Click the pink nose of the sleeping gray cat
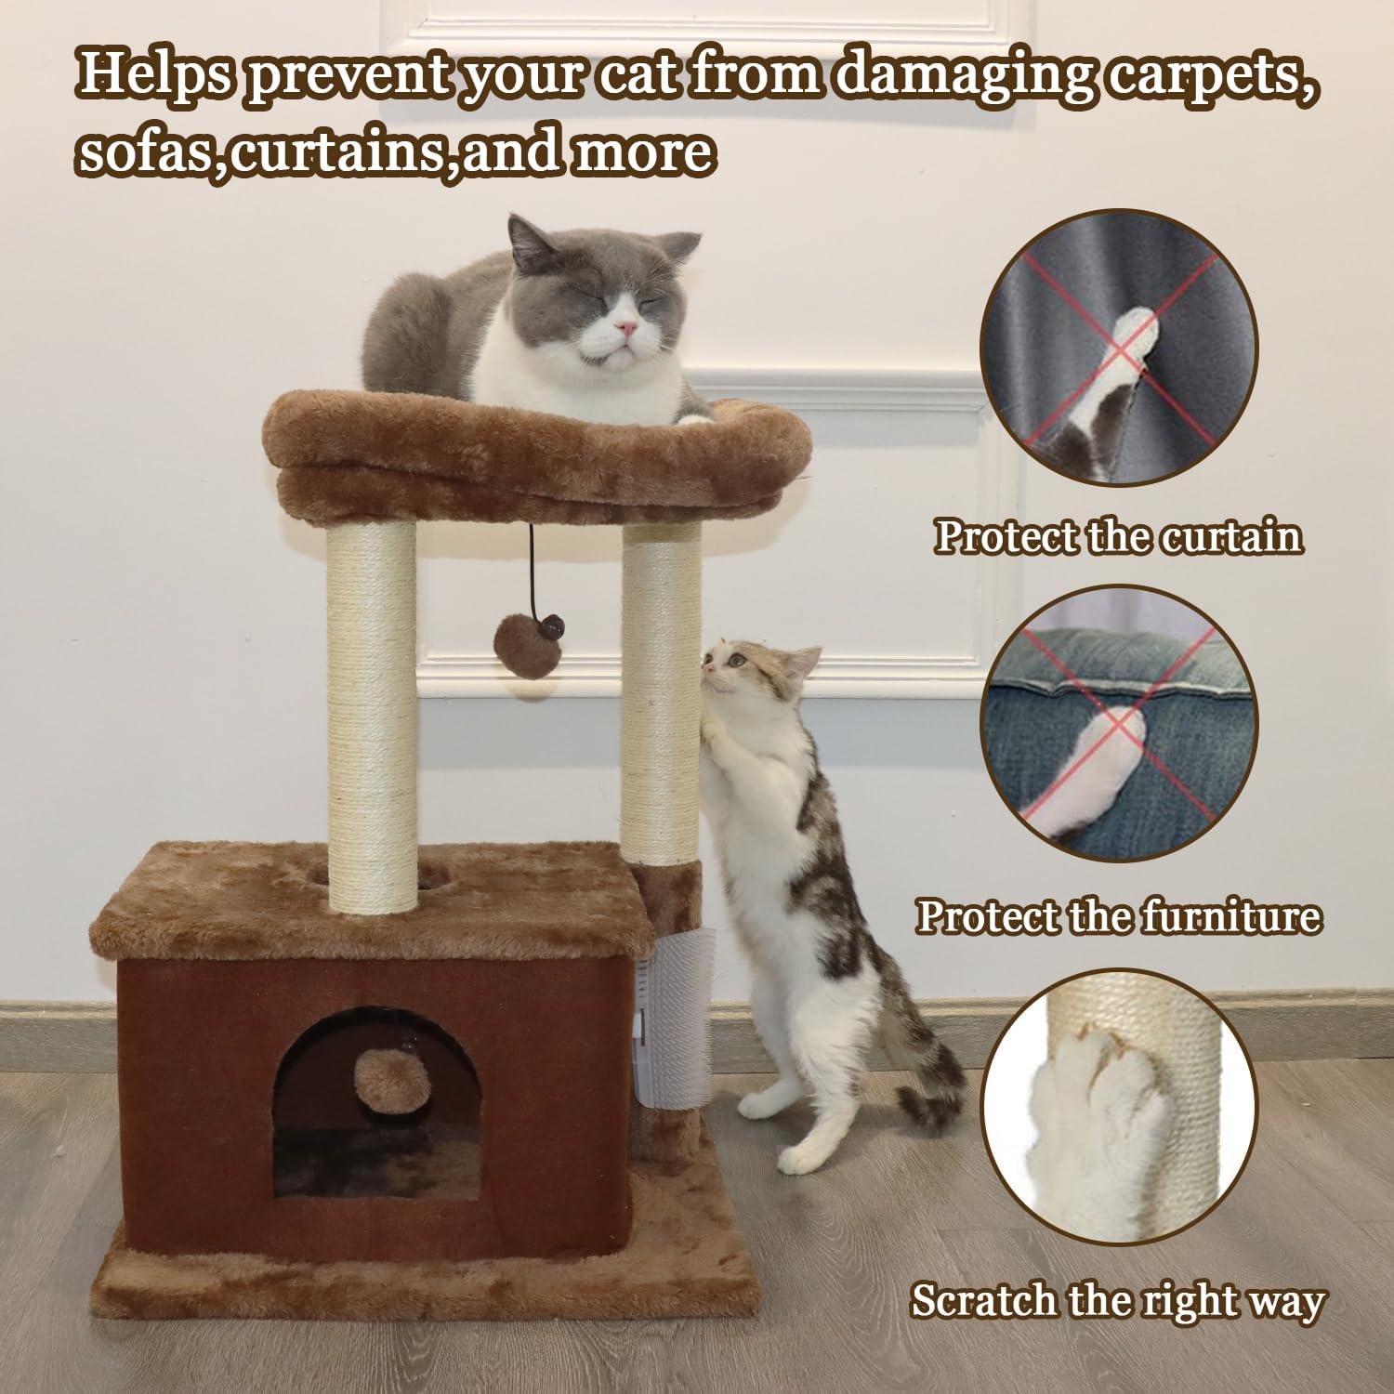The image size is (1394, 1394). [x=629, y=327]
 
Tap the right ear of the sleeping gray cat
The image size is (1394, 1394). [x=679, y=249]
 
